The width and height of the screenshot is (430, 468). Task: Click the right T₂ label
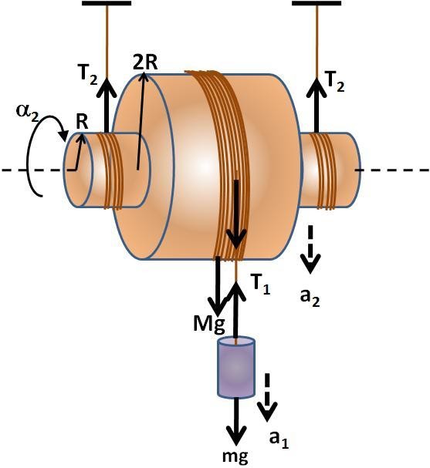point(336,79)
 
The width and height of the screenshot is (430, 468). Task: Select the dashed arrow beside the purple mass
point(266,396)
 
